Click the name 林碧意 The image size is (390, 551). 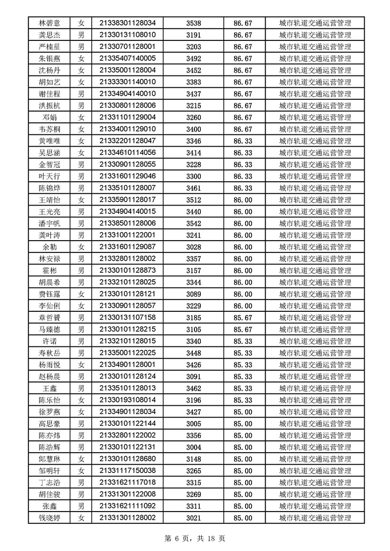click(49, 23)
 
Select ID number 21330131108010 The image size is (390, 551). click(127, 35)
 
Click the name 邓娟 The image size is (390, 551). click(49, 117)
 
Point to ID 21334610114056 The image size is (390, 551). click(127, 153)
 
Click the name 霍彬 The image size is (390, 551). click(49, 270)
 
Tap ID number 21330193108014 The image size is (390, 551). click(127, 400)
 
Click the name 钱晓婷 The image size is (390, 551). click(49, 518)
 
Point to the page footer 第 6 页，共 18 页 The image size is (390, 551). click(195, 538)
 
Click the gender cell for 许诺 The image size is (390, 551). click(81, 341)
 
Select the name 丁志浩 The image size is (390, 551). click(49, 482)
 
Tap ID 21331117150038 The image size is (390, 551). click(127, 471)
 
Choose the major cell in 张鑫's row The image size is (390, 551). click(315, 506)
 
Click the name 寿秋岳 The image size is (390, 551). click(49, 353)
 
